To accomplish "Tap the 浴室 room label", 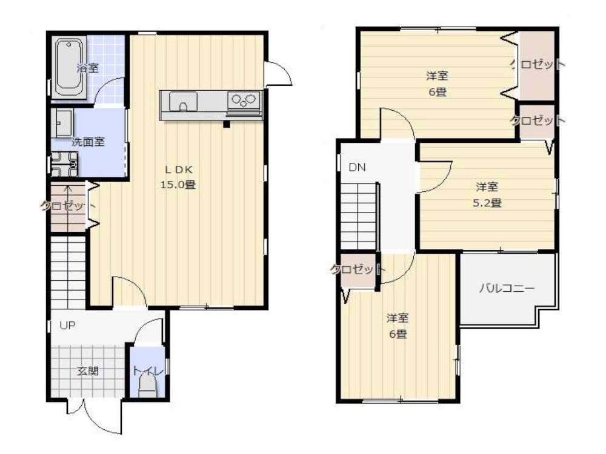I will point(88,67).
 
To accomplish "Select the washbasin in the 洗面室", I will point(63,124).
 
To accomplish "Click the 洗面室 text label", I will point(88,142).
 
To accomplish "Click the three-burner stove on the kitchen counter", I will point(244,100).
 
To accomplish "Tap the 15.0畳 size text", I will point(178,185).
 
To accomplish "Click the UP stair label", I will point(67,325).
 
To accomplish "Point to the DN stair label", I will point(357,168).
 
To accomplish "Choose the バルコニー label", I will point(507,288).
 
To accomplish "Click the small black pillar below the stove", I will point(226,125).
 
